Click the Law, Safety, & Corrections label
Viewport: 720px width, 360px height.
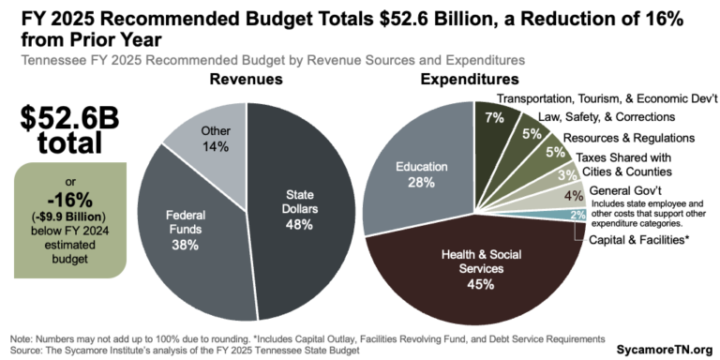(x=607, y=117)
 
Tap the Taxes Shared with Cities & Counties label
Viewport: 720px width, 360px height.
(x=622, y=165)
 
